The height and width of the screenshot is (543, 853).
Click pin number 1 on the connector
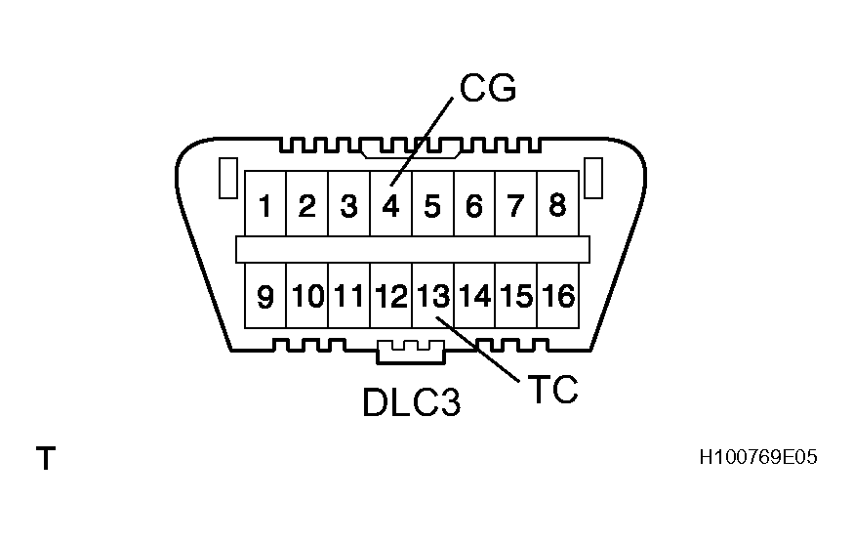point(264,206)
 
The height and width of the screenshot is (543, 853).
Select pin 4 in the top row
point(390,206)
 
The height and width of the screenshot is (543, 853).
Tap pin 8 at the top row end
point(557,205)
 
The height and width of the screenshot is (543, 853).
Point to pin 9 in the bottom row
point(264,296)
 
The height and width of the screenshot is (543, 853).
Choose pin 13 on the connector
point(432,295)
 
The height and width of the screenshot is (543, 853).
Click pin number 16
point(558,295)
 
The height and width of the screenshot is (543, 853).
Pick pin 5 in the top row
point(432,206)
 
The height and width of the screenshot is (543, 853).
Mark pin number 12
point(390,296)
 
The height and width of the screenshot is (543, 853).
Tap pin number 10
point(307,296)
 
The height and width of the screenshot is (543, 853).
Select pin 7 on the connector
point(516,206)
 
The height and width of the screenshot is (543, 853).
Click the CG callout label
point(487,89)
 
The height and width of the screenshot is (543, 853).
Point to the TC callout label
point(551,389)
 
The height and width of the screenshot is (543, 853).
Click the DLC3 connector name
point(411,401)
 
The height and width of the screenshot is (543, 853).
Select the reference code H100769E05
point(757,456)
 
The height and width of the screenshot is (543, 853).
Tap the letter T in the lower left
point(46,458)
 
